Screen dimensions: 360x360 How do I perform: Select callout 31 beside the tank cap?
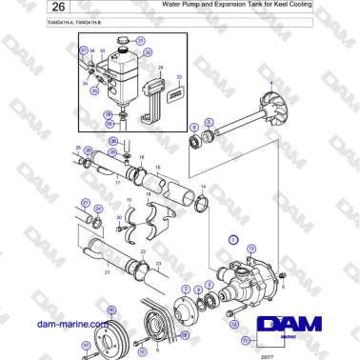(141, 41)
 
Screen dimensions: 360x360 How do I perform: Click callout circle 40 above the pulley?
(111, 310)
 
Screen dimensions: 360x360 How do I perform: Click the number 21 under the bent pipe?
(108, 272)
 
